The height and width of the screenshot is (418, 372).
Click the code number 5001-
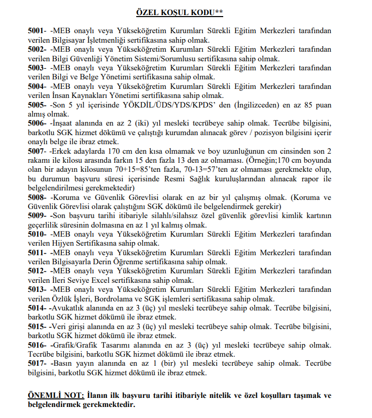[37, 31]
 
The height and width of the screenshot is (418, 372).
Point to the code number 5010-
[37, 234]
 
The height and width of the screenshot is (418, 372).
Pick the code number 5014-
[37, 307]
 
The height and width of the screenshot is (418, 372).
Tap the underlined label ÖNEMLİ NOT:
[56, 395]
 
